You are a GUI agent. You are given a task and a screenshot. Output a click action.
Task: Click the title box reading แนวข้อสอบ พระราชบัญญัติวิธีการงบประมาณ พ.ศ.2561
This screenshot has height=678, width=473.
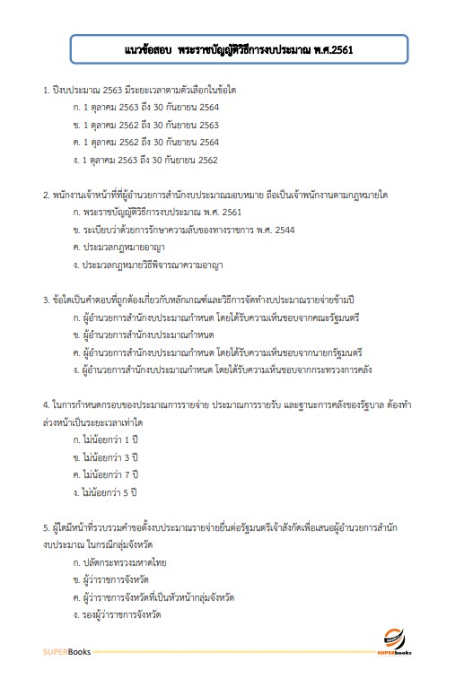(239, 50)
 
